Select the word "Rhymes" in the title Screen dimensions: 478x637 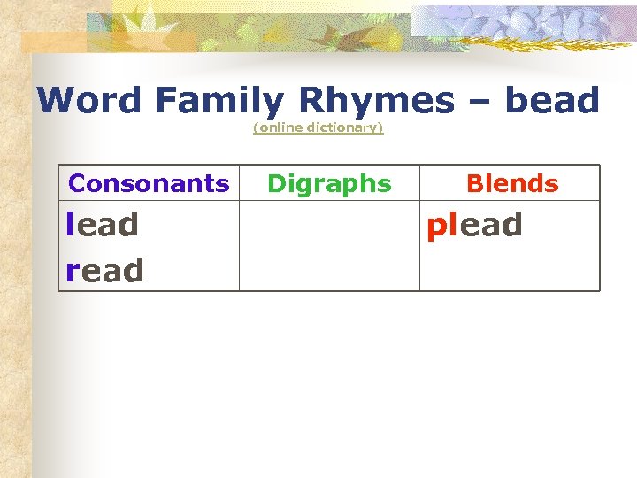tap(376, 101)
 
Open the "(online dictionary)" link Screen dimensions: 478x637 tap(318, 127)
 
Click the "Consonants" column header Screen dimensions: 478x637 tap(149, 183)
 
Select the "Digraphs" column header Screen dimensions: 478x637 tap(329, 183)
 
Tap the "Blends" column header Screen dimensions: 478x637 tap(512, 183)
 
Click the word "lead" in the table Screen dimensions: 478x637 tap(103, 225)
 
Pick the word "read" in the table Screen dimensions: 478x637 tap(104, 270)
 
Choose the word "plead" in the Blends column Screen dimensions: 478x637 tap(474, 225)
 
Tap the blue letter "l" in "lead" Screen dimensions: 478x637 tap(70, 224)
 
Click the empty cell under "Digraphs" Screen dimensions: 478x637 tap(329, 246)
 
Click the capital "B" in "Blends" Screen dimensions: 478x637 tap(473, 183)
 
